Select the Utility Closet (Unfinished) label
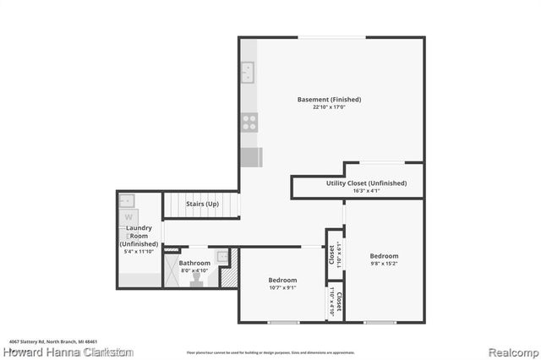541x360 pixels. tap(366, 183)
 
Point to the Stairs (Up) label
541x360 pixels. tap(203, 204)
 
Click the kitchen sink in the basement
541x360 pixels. tap(249, 73)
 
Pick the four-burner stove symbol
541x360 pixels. tap(249, 122)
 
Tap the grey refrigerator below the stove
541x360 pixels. tap(251, 158)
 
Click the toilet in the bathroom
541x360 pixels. tap(197, 275)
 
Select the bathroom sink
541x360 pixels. tap(222, 256)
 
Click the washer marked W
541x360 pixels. tap(129, 216)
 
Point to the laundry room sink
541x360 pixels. tap(127, 200)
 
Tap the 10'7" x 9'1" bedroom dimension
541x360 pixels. tap(282, 288)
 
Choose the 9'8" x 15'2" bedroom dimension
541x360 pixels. tap(384, 263)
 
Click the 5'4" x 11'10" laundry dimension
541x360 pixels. tap(139, 251)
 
